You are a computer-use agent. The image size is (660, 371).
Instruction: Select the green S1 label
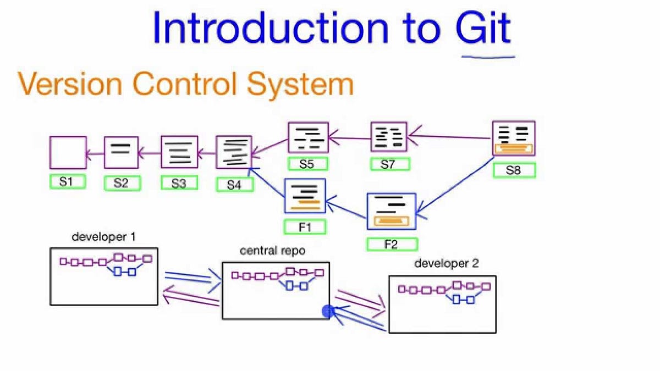click(x=67, y=182)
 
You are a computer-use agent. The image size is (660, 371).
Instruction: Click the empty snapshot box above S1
click(x=68, y=152)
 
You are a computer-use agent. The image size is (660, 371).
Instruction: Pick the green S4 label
click(x=235, y=185)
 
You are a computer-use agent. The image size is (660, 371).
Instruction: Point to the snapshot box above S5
click(x=308, y=137)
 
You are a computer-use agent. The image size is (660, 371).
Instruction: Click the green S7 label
click(x=389, y=164)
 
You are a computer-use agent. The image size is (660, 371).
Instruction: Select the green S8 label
click(x=513, y=170)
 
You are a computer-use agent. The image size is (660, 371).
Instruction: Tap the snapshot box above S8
click(x=514, y=139)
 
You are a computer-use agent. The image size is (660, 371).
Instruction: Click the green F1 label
click(x=305, y=226)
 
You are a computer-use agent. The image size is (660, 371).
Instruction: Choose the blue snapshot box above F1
click(x=305, y=196)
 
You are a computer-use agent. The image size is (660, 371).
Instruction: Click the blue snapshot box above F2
click(x=391, y=211)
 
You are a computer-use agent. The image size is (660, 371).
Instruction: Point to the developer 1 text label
click(x=104, y=237)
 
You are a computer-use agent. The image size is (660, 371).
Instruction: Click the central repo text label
click(x=273, y=251)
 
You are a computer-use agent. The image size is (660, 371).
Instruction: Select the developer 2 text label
click(x=446, y=264)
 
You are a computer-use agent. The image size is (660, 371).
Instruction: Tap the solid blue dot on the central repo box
click(x=328, y=312)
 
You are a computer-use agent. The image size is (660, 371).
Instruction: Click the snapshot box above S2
click(x=121, y=152)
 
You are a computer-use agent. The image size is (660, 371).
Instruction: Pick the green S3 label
click(x=179, y=183)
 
